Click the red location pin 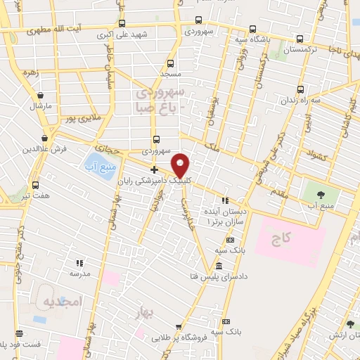click(x=181, y=165)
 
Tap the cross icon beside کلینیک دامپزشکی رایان click(x=154, y=169)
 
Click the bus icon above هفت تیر click(x=35, y=185)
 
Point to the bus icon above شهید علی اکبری click(x=122, y=23)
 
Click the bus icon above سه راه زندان click(x=301, y=89)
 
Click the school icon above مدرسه click(x=79, y=263)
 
